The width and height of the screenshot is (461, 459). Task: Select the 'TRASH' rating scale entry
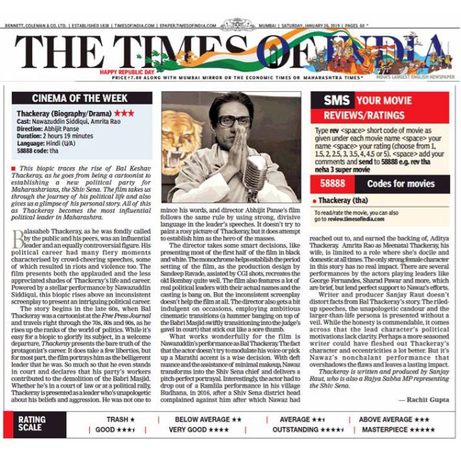[116, 419]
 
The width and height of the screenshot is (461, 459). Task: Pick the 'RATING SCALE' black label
[32, 424]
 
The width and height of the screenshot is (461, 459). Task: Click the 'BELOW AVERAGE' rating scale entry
[203, 419]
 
